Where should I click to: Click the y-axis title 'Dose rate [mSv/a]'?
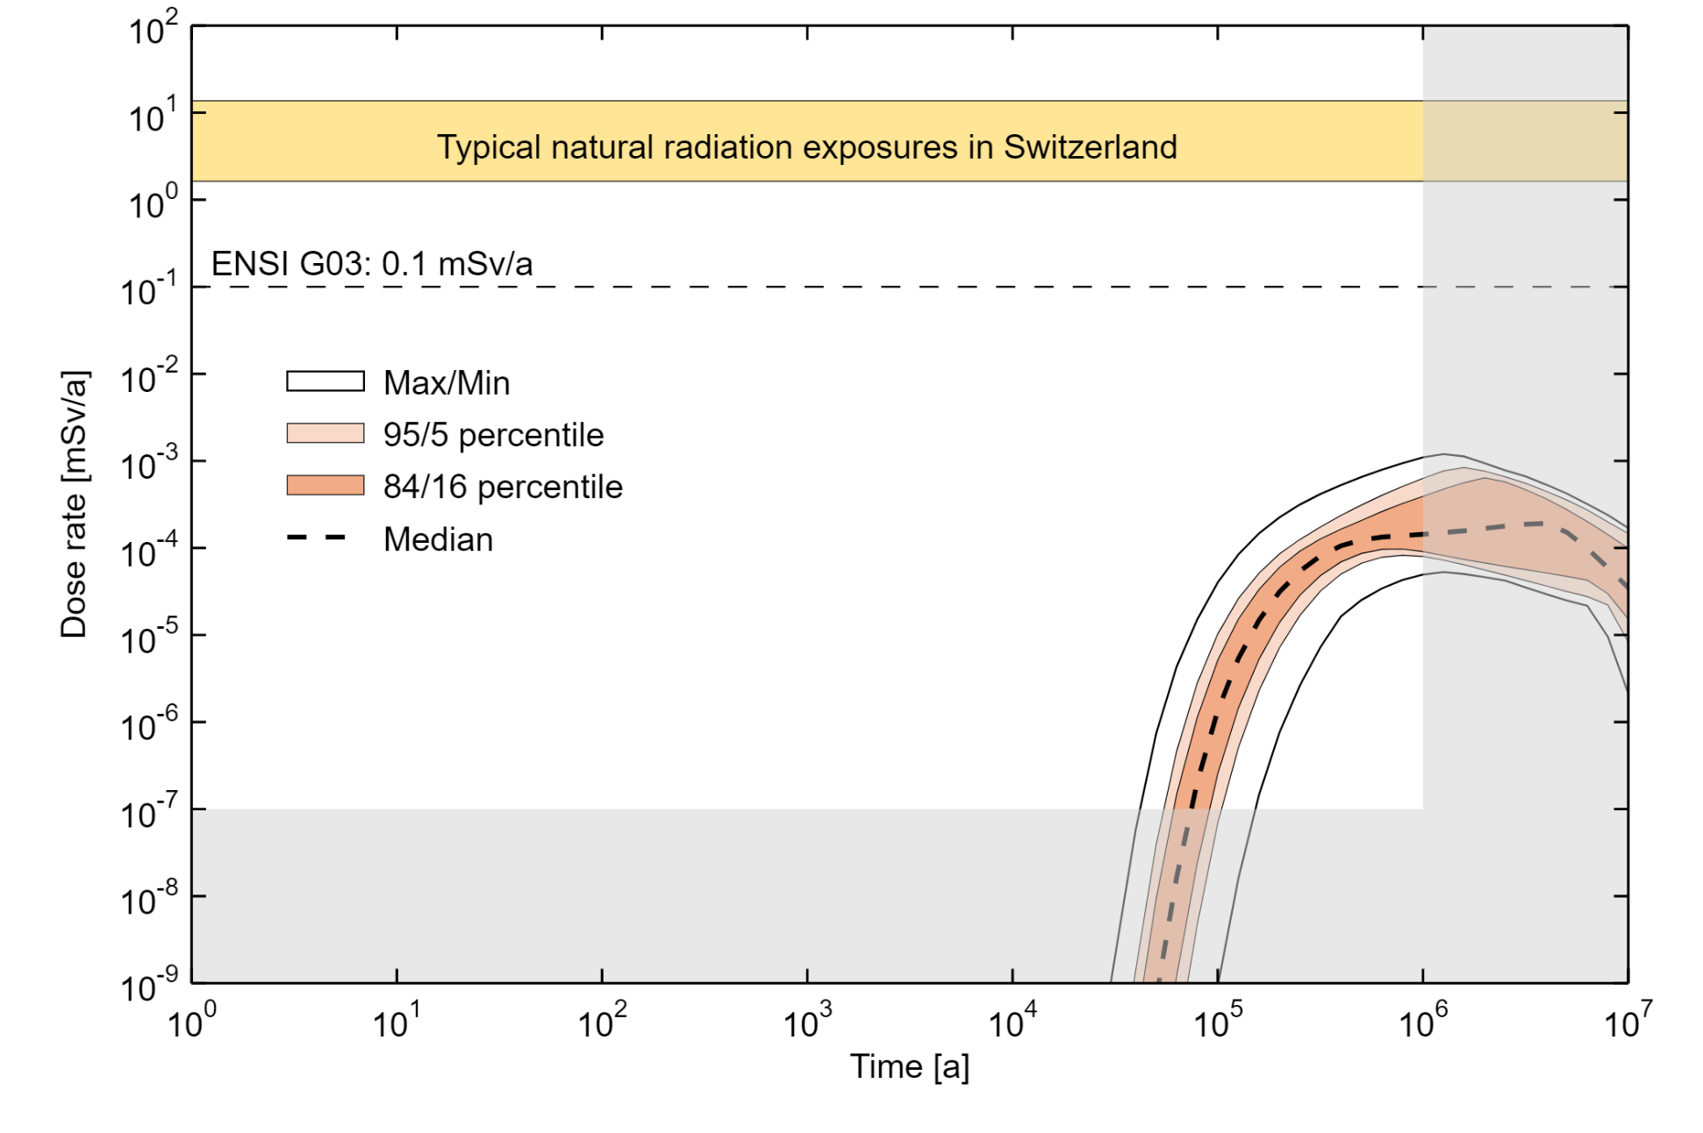(74, 504)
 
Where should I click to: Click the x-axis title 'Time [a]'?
(909, 1067)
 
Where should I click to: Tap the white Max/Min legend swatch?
(325, 381)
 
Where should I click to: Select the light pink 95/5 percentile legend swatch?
(325, 433)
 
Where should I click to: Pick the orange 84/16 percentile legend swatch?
(325, 486)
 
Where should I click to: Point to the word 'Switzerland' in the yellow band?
(1090, 147)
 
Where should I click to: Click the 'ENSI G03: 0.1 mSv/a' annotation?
(372, 264)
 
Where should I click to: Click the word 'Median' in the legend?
(438, 539)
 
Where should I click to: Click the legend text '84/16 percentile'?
(503, 487)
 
